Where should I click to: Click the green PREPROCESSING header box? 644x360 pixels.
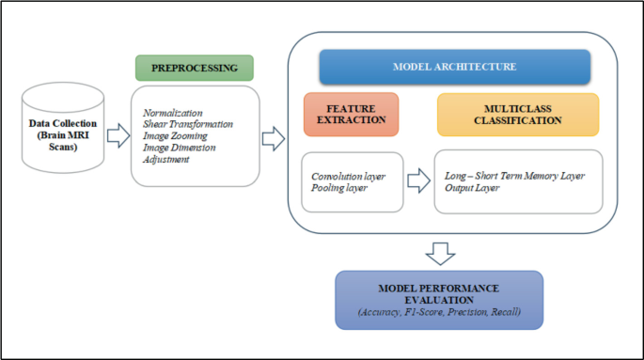[x=195, y=69]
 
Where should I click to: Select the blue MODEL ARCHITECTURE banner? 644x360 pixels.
[x=454, y=67]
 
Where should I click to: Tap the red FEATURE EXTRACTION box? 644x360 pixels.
[x=350, y=114]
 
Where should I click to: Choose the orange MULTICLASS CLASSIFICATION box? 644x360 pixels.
[x=517, y=114]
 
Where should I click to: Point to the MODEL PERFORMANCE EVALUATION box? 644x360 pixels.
[x=439, y=300]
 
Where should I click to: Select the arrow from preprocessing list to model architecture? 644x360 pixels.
[x=273, y=139]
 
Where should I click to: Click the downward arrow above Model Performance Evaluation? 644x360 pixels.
[x=439, y=253]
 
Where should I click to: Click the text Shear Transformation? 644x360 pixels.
[x=188, y=124]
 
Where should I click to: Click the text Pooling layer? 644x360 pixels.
[x=340, y=188]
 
